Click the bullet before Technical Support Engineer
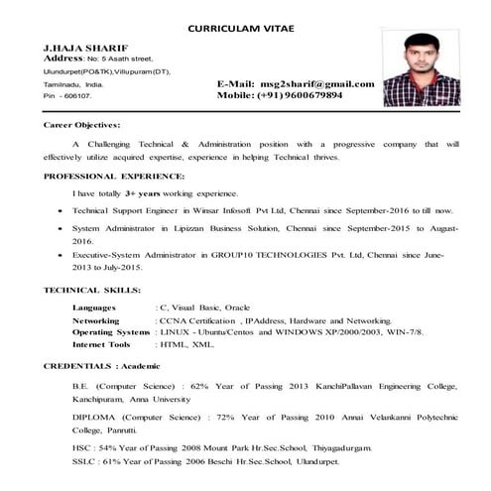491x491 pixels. (63, 212)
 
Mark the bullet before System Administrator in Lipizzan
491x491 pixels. (63, 230)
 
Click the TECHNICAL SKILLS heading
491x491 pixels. (91, 290)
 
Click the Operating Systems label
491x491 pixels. (111, 332)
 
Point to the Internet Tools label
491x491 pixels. (102, 344)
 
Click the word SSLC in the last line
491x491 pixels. (84, 462)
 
